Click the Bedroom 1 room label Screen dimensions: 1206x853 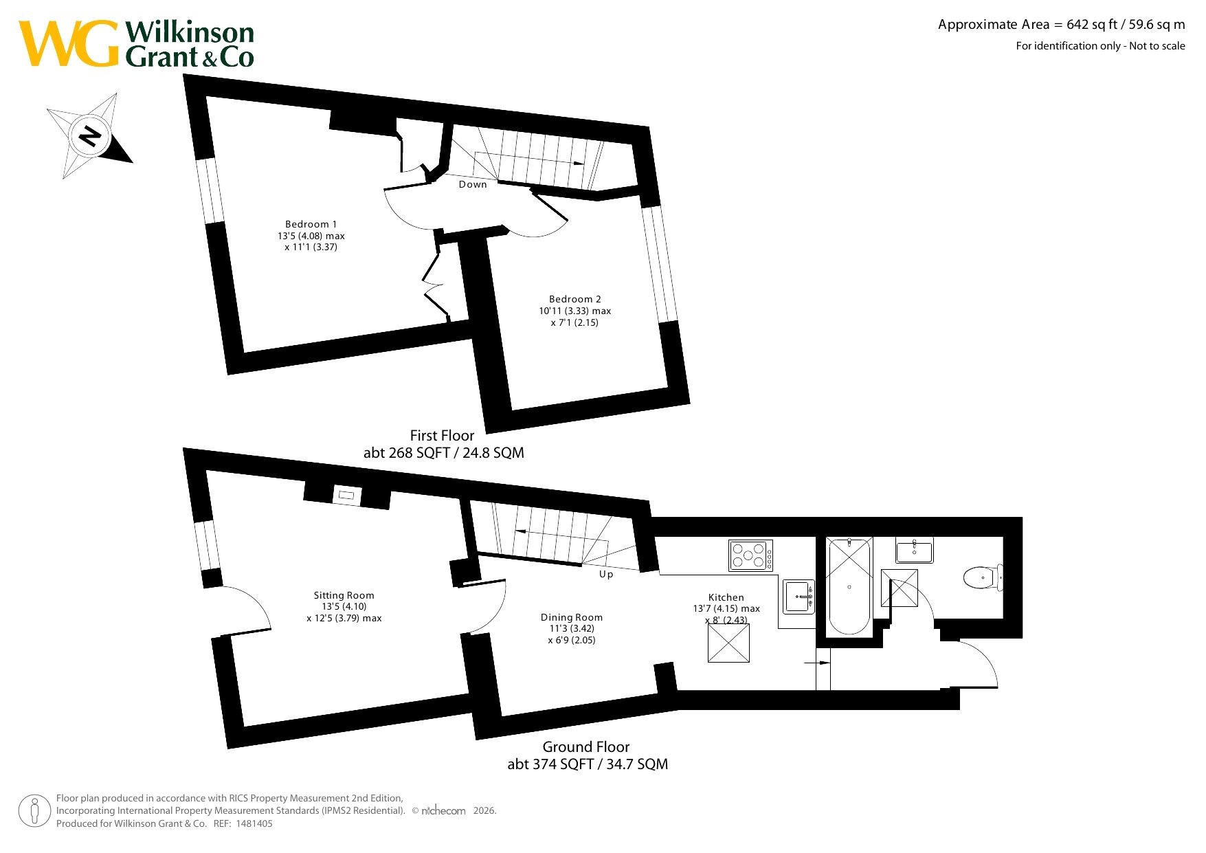[311, 224]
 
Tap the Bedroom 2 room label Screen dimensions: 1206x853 [575, 299]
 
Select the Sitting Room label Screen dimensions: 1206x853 [344, 595]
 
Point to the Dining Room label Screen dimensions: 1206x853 [572, 617]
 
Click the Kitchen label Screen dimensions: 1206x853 [726, 597]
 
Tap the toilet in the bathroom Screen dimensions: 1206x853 [983, 577]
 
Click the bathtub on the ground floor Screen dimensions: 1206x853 [849, 586]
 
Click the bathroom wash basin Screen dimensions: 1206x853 [915, 551]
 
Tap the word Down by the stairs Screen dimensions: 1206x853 [473, 184]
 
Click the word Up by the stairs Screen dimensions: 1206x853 [606, 574]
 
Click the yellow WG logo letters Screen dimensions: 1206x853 [69, 43]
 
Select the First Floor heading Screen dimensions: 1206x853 [442, 436]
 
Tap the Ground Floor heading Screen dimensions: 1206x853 [586, 747]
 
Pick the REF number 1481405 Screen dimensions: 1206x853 [254, 823]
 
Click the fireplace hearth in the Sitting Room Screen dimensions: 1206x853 [346, 495]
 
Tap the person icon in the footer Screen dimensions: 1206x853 [34, 811]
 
